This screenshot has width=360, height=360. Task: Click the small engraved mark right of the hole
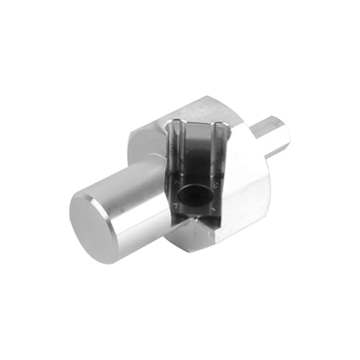point(216,189)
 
